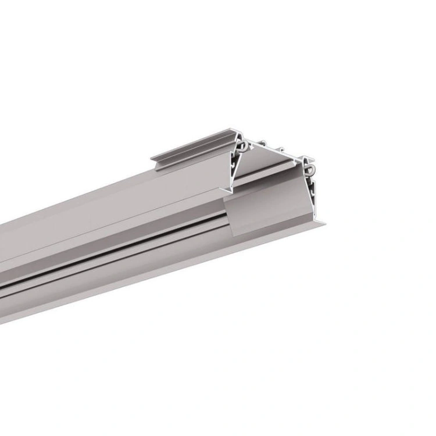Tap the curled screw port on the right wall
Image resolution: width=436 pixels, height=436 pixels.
click(x=309, y=167)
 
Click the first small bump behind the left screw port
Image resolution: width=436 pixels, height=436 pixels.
click(x=263, y=142)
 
